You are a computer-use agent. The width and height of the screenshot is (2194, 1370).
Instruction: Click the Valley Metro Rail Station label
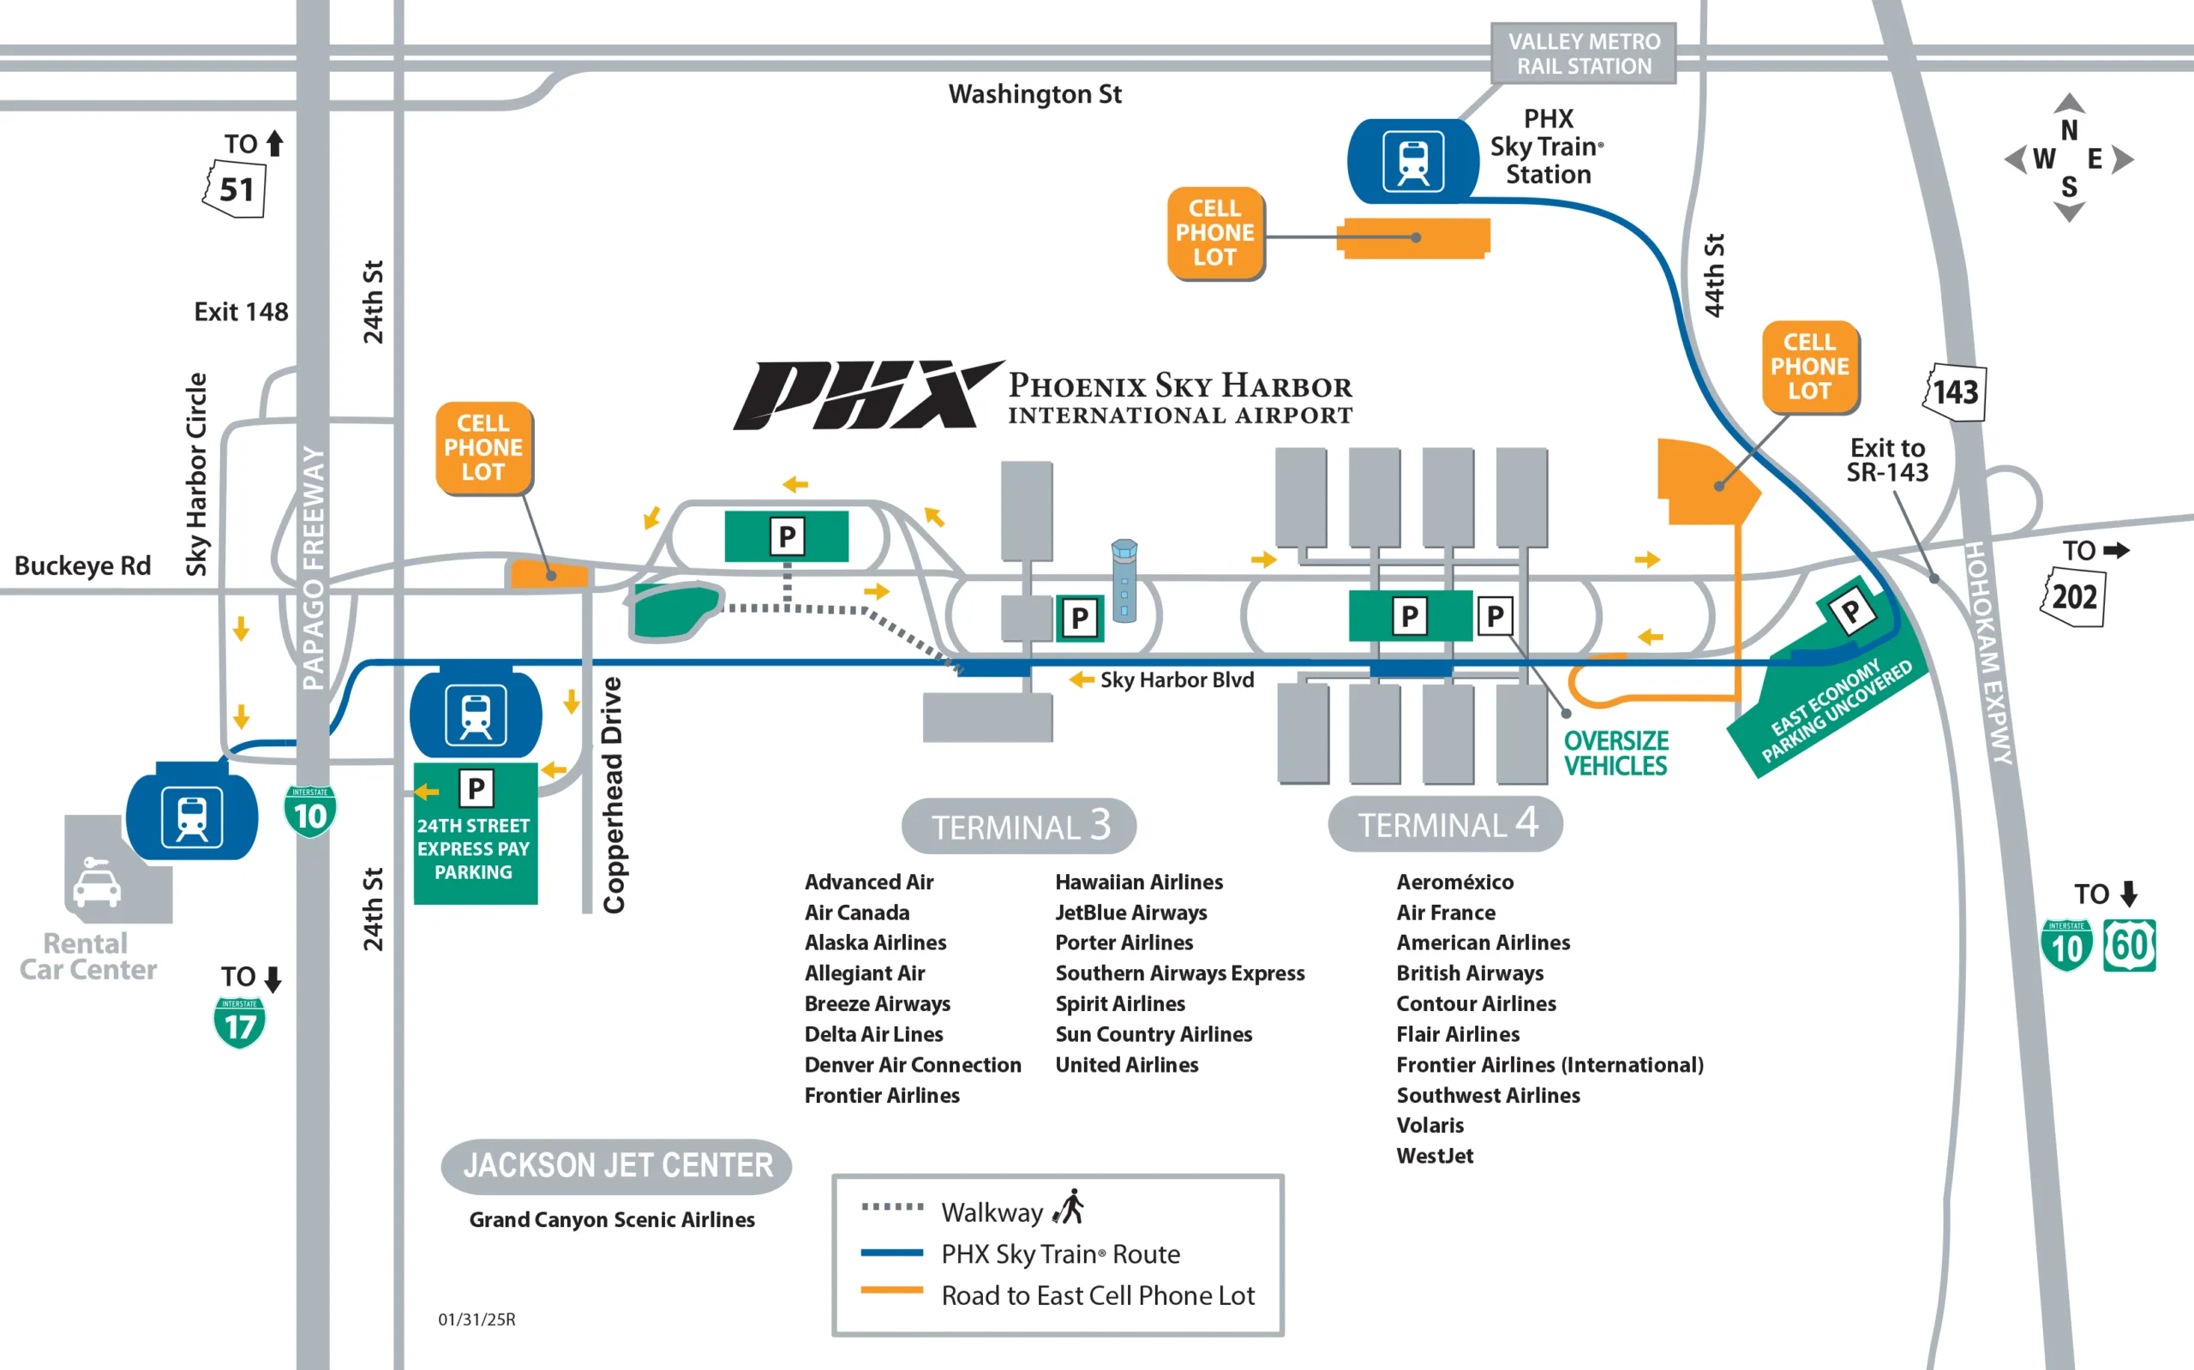point(1583,53)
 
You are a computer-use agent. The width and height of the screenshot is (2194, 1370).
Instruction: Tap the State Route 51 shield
point(235,188)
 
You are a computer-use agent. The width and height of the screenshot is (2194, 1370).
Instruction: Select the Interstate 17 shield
point(239,1023)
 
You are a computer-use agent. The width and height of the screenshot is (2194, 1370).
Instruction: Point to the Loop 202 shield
point(2073,596)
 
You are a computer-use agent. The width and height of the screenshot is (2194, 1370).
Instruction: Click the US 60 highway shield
point(2130,946)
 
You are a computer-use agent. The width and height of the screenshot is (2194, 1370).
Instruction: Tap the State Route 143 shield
point(1955,392)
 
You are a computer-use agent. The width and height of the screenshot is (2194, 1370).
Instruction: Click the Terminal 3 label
point(1020,825)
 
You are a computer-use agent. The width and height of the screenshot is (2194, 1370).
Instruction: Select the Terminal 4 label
point(1446,823)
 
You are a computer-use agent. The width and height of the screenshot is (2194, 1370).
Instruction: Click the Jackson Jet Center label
point(617,1166)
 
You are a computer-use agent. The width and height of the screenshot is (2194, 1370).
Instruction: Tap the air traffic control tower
point(1124,580)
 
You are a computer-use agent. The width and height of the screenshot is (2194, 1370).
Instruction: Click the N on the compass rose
point(2069,130)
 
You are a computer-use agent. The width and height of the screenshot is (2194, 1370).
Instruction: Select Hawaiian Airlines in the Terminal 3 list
point(1139,882)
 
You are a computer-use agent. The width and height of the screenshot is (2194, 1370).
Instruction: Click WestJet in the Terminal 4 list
point(1435,1155)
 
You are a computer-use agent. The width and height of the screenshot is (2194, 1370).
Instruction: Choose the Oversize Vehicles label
point(1616,753)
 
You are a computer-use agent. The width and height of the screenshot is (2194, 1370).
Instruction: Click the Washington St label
point(1035,94)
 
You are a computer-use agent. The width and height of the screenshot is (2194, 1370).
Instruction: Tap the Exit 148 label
point(241,312)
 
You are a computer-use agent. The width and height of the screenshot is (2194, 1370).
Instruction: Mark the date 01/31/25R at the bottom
point(477,1319)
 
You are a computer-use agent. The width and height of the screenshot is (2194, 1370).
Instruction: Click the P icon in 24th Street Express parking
point(476,788)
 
